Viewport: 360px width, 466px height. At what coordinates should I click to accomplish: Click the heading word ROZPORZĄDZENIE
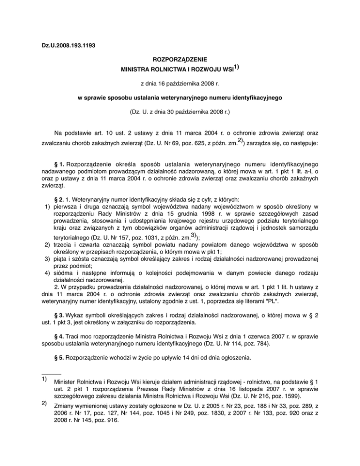tap(180, 60)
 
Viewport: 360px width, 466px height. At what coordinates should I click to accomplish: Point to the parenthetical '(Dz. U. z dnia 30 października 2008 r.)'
tap(180, 113)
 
